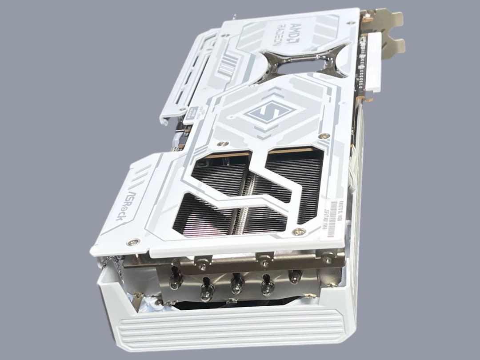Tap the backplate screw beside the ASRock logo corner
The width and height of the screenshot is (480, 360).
[132, 242]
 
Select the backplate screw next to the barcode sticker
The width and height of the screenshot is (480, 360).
[299, 232]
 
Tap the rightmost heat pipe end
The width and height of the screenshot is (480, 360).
[295, 276]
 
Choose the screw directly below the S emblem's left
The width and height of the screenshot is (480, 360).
[223, 144]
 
